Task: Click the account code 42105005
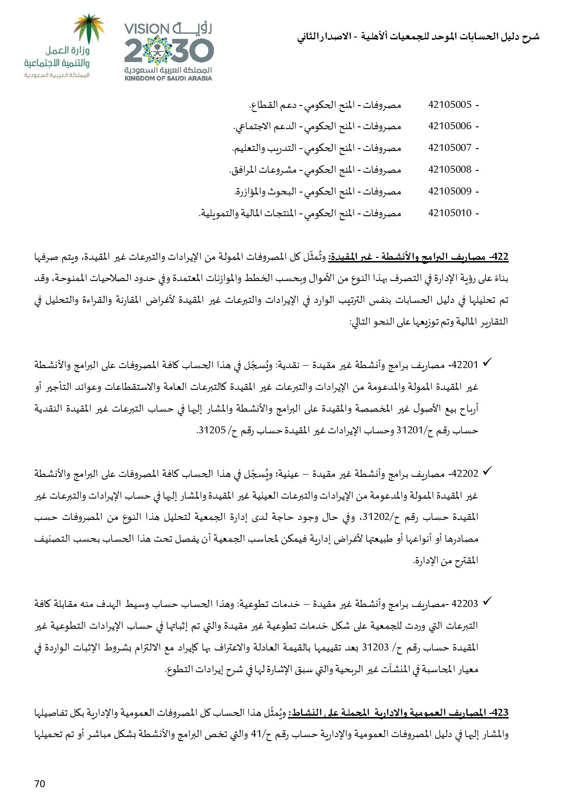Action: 450,105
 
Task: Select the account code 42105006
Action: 450,126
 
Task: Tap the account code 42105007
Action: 450,148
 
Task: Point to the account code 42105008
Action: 450,169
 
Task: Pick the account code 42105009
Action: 450,191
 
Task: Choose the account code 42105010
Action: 450,213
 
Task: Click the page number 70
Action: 40,783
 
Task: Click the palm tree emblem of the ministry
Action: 90,28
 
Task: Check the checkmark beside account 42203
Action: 487,603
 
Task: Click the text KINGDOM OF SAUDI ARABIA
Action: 168,78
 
